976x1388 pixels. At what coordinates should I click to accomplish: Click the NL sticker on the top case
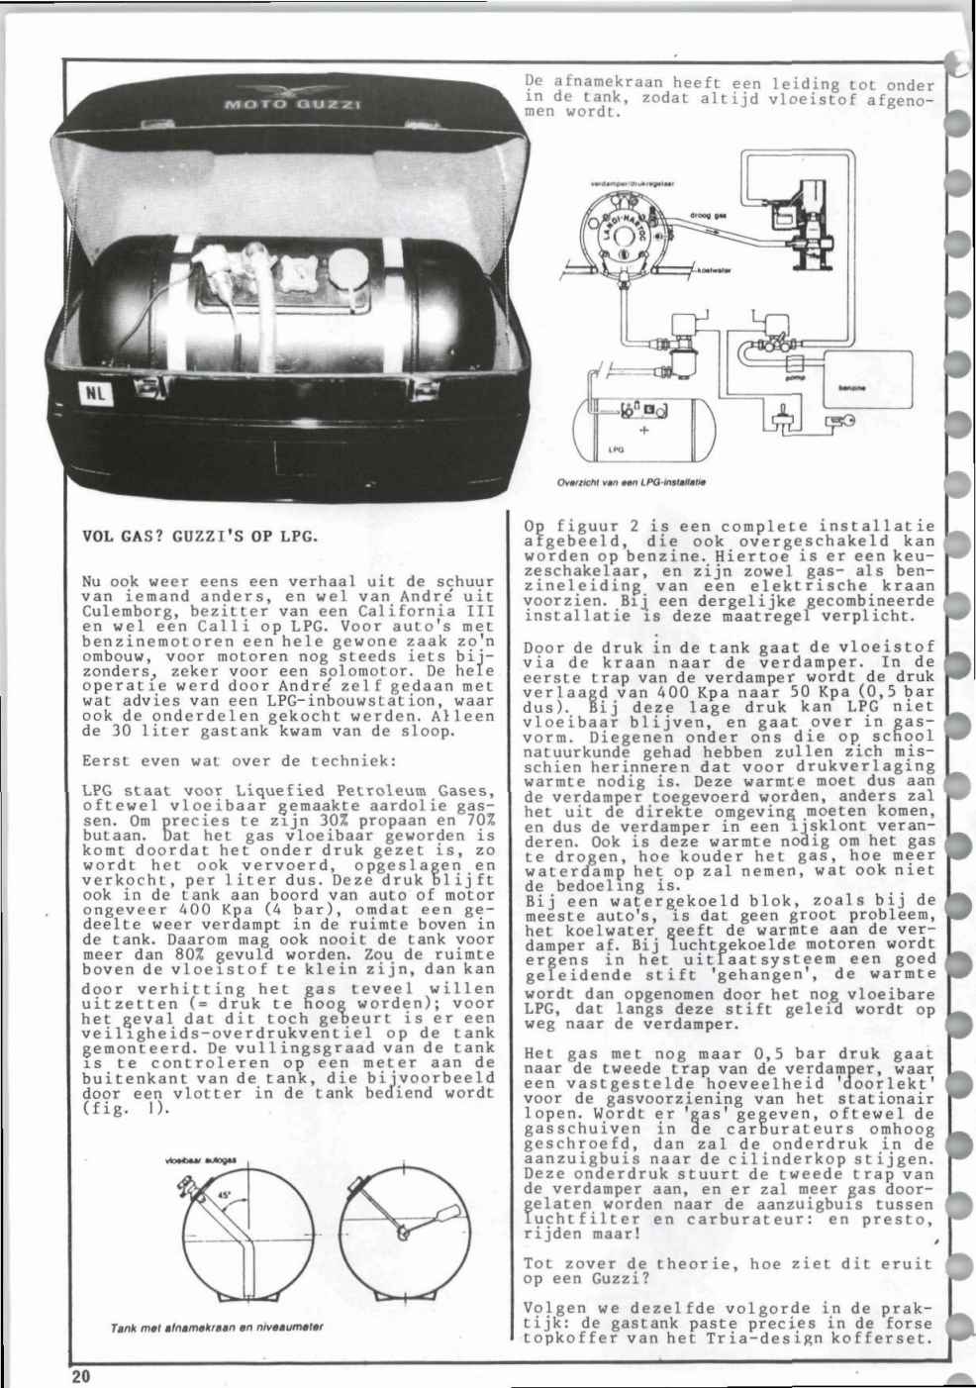point(97,393)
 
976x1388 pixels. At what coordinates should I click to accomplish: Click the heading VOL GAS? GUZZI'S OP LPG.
point(199,538)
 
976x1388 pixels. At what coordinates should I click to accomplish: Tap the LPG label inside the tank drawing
point(615,448)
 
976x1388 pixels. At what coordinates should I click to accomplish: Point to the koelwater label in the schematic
point(713,267)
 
